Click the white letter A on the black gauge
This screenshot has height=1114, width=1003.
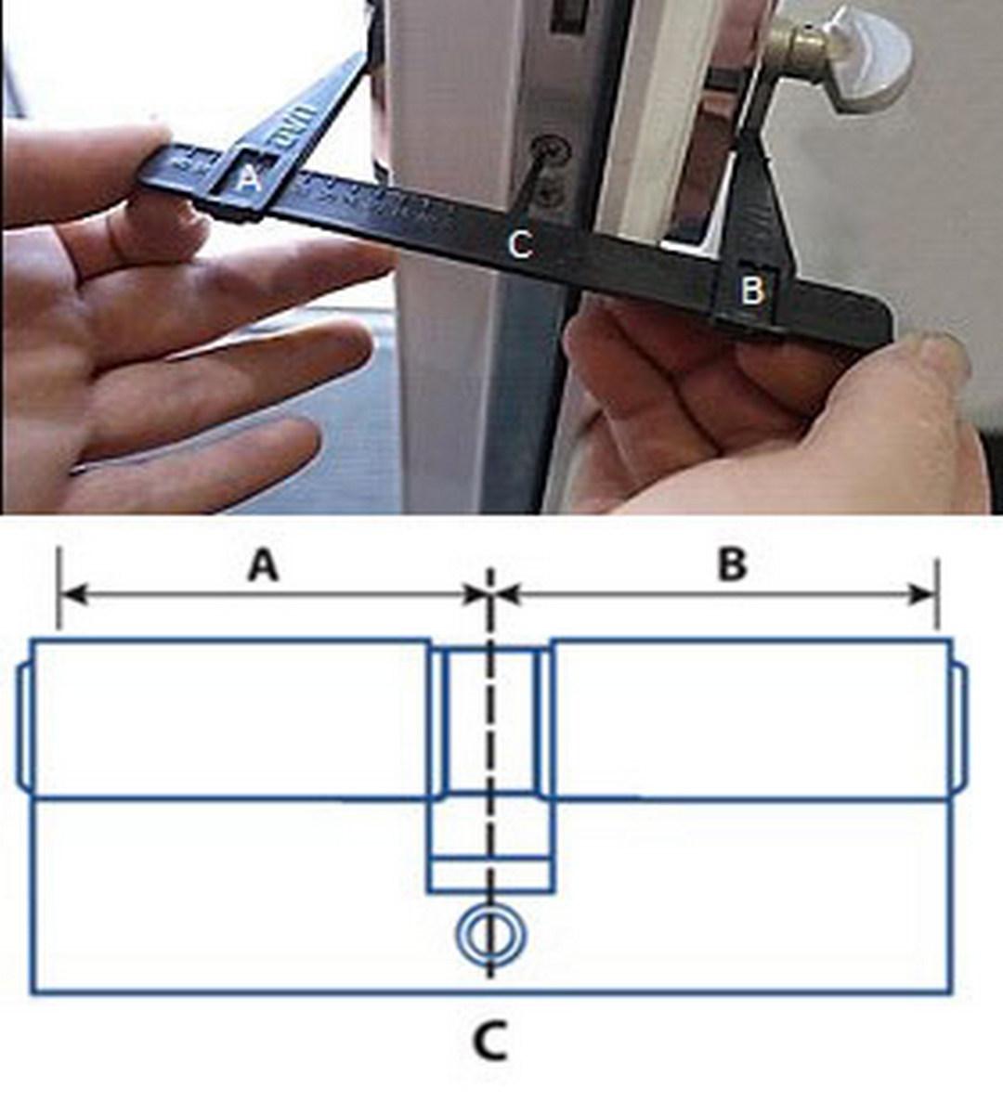coord(248,178)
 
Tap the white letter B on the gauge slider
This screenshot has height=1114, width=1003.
coord(751,291)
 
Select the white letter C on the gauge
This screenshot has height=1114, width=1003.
coord(519,244)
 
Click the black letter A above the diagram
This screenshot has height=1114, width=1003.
coord(263,564)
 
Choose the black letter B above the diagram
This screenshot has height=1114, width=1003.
coord(733,564)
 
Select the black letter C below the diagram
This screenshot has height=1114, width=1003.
coord(489,1041)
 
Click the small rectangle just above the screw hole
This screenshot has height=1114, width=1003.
coord(490,876)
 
